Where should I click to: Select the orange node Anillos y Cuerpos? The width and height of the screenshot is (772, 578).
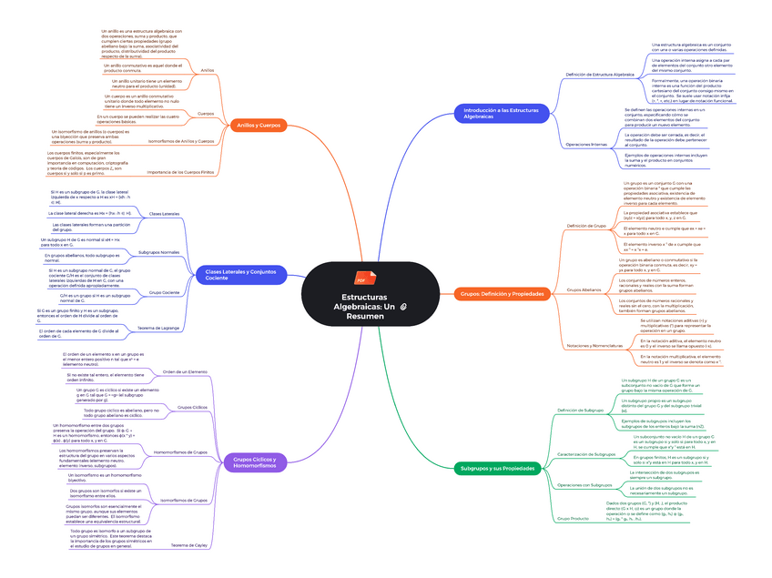pos(259,125)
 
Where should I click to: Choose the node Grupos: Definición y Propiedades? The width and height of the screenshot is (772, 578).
pos(502,294)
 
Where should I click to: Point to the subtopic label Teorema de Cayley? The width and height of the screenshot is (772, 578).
pos(189,546)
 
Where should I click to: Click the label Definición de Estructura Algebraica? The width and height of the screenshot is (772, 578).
pos(600,74)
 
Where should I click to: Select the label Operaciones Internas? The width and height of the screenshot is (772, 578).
pos(586,145)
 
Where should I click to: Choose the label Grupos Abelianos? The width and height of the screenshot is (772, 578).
pos(584,289)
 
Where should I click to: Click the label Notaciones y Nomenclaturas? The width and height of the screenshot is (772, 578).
pos(594,346)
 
